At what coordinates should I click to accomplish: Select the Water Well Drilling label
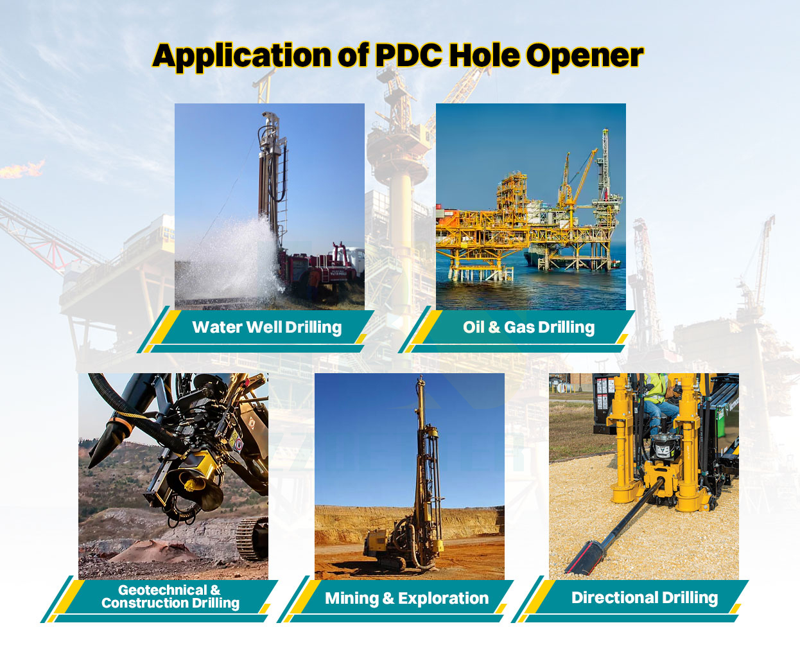[266, 328]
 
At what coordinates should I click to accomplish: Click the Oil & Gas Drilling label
[528, 328]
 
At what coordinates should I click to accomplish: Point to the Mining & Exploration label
[406, 599]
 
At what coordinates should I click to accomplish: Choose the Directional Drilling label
[644, 598]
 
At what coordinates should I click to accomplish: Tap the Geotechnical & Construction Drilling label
[170, 597]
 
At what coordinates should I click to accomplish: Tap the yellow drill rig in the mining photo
[392, 546]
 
